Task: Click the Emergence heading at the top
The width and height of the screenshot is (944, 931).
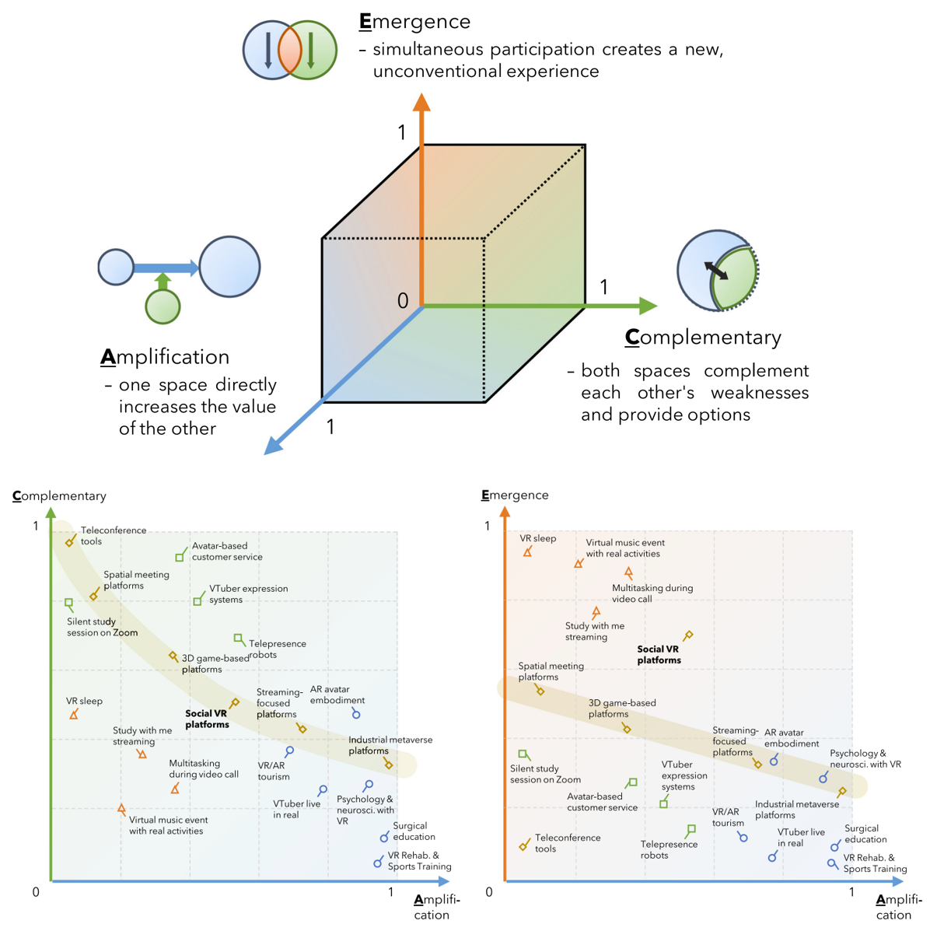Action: tap(414, 22)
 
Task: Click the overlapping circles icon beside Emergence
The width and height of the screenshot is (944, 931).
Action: tap(289, 50)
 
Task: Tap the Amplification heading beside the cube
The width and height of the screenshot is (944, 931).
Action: tap(165, 357)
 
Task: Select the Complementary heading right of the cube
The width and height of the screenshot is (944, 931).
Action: tap(703, 338)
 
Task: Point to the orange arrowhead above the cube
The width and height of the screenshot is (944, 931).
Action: tap(421, 103)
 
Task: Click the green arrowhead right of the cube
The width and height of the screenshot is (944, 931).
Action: tap(647, 306)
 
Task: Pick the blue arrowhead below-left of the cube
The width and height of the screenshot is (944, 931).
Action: tap(273, 446)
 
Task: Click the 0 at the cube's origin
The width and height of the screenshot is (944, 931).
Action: tap(403, 301)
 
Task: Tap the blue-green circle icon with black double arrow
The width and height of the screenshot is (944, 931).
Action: tap(717, 271)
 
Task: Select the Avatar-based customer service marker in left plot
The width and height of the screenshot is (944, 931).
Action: tap(180, 557)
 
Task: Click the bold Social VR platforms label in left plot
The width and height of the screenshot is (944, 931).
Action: tap(207, 719)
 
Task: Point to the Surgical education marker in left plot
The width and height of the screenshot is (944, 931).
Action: tap(384, 838)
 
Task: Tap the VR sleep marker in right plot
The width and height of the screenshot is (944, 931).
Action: tap(527, 552)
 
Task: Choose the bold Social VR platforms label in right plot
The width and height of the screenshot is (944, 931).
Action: tap(659, 654)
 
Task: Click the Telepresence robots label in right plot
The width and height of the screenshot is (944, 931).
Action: tap(669, 849)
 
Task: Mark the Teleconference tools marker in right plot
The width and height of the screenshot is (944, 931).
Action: tap(523, 846)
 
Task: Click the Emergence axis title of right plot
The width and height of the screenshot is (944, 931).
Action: tap(515, 495)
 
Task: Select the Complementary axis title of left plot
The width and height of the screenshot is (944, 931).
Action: tap(59, 495)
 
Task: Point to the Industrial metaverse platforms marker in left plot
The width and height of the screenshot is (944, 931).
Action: tap(389, 765)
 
